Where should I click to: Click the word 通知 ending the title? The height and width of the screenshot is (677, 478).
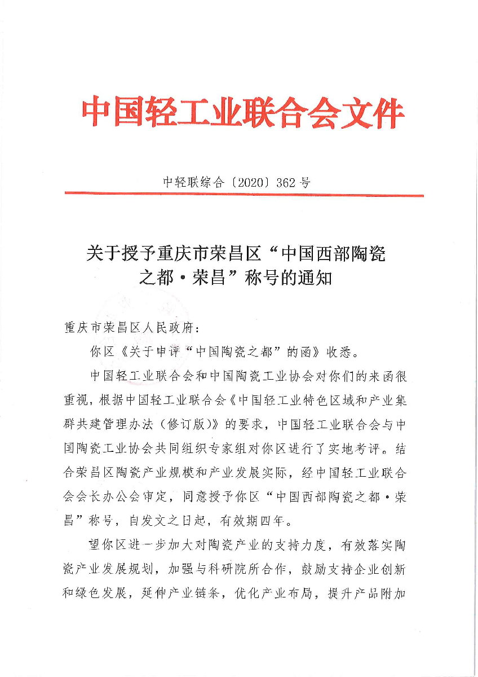click(x=313, y=278)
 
